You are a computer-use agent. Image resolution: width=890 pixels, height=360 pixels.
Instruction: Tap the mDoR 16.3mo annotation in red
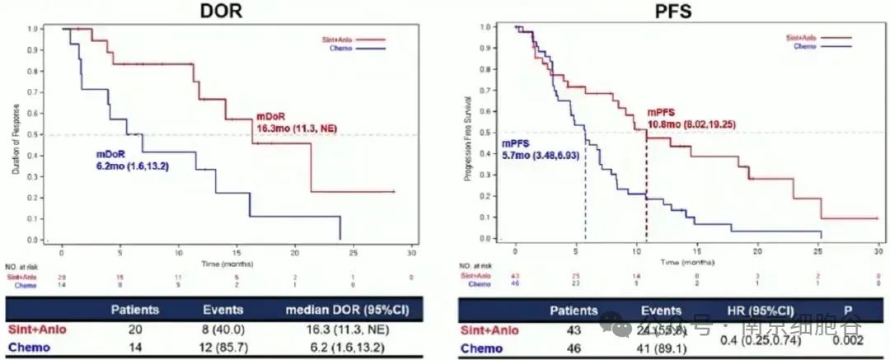tap(293, 122)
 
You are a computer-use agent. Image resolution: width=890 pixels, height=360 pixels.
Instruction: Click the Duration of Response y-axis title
tap(16, 133)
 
